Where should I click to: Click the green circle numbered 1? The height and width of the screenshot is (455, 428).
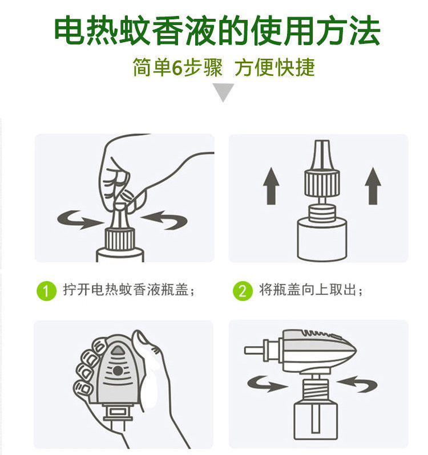(x=46, y=290)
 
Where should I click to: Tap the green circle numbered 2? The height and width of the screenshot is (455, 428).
(x=243, y=290)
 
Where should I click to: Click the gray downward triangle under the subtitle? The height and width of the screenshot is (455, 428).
(x=223, y=92)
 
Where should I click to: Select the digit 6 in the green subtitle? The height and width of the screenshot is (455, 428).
(x=177, y=68)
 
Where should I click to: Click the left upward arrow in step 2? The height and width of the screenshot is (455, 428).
(x=271, y=186)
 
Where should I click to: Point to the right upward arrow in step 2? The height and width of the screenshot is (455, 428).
(x=373, y=186)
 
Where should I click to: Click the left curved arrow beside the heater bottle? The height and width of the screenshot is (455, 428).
(x=267, y=384)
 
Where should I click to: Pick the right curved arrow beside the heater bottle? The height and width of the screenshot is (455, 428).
(x=357, y=384)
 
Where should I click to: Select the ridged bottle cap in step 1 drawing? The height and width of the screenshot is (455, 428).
(x=120, y=239)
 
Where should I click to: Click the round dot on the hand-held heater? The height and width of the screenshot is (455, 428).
(x=118, y=371)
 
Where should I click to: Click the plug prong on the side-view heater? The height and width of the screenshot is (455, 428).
(x=254, y=351)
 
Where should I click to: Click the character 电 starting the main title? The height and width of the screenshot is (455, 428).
(x=70, y=30)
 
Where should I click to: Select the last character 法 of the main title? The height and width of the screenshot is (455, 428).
(x=365, y=30)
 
